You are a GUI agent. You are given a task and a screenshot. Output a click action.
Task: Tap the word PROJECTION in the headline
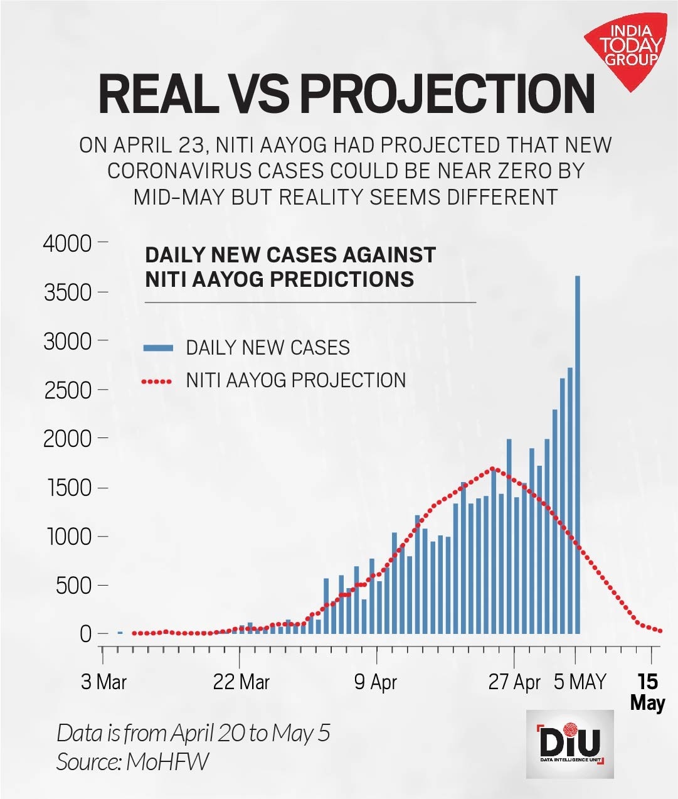tap(447, 94)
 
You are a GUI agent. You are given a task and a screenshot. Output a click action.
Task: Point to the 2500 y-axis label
tap(67, 390)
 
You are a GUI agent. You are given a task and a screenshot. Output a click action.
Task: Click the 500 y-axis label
tap(74, 586)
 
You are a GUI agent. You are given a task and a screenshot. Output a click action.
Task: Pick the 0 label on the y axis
tap(85, 634)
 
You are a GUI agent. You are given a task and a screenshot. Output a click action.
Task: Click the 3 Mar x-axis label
tap(103, 682)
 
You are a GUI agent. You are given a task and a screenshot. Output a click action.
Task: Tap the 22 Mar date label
tap(241, 682)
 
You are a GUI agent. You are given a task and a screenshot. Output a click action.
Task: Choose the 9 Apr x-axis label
tap(376, 682)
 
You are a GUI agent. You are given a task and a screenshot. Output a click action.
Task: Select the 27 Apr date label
tap(514, 682)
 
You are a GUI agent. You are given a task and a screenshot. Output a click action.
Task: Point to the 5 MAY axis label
tap(580, 682)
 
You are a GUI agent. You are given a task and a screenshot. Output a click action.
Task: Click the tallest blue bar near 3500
tap(577, 452)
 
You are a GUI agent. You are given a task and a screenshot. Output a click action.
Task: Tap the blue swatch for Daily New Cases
tap(158, 348)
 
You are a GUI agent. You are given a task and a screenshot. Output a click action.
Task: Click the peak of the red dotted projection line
tap(493, 468)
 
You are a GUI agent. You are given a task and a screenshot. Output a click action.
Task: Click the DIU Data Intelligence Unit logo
tap(569, 744)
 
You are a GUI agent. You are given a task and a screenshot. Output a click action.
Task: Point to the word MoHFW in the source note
tap(167, 761)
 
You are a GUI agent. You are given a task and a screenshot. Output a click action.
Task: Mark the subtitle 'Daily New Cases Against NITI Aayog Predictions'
tap(290, 267)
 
